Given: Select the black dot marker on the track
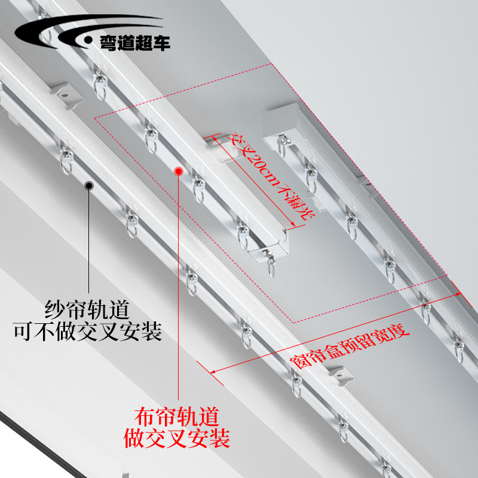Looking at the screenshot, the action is click(x=88, y=186).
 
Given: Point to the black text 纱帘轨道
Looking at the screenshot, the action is click(x=87, y=310).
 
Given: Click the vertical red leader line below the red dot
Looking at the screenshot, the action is click(x=177, y=287).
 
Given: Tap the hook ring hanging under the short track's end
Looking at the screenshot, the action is click(x=272, y=263).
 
